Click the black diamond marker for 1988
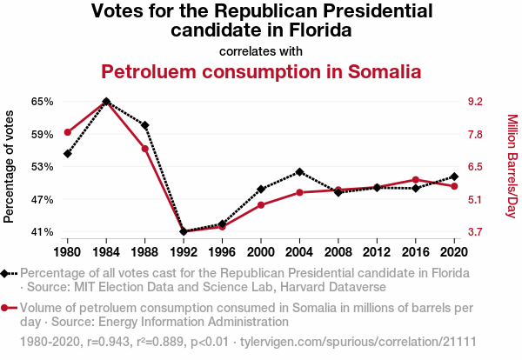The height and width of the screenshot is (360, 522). [144, 125]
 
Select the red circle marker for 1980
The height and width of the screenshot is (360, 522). [67, 132]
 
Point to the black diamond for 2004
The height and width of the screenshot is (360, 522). [299, 172]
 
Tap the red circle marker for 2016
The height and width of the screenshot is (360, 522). [415, 180]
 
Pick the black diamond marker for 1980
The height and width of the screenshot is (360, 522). [67, 154]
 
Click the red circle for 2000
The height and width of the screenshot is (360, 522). [260, 205]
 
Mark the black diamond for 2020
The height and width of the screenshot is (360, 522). [454, 177]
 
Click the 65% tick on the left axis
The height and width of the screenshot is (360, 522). [42, 102]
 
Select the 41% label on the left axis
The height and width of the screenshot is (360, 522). [42, 232]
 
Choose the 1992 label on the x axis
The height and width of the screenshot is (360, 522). [184, 252]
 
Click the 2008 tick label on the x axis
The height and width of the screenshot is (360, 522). [338, 252]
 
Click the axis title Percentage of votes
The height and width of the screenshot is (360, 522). [10, 166]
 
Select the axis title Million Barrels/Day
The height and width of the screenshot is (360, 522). [512, 166]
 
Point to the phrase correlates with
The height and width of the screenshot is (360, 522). [261, 50]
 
